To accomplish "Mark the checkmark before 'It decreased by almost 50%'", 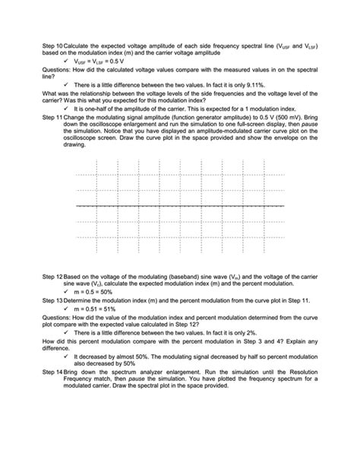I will (69, 356).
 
